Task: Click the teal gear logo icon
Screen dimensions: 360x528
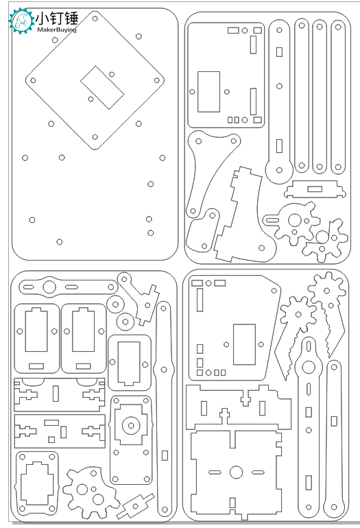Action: tap(21, 21)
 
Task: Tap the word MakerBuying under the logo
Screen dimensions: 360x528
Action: tap(57, 30)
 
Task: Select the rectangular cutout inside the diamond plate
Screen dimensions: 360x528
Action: tap(102, 88)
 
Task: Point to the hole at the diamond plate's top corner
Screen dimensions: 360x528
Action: tap(95, 19)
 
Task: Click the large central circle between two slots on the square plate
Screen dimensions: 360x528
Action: tap(236, 472)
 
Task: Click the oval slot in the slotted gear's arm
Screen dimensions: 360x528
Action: tap(272, 221)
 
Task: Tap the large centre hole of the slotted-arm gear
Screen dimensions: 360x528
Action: tap(295, 221)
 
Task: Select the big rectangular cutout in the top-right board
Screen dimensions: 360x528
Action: tap(208, 92)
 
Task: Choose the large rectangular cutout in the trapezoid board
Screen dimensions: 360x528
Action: tap(244, 344)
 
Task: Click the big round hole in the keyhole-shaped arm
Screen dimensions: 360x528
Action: tap(309, 367)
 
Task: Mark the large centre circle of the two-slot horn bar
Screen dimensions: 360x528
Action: tap(49, 287)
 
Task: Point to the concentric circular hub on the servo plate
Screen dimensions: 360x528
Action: tap(131, 426)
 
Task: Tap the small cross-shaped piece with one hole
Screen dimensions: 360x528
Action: tap(135, 506)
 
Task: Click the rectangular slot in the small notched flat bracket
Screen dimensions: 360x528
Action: tap(315, 189)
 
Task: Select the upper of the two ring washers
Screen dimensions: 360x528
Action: tap(115, 304)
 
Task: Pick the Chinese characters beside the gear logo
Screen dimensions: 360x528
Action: tap(57, 18)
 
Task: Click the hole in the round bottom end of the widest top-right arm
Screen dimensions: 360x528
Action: tap(279, 170)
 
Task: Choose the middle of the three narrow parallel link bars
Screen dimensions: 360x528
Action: tap(320, 97)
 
